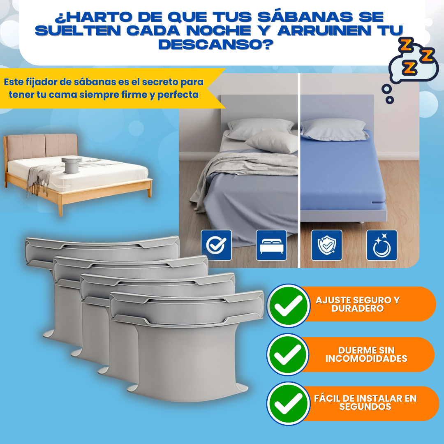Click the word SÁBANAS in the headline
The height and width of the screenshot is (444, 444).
coord(305,17)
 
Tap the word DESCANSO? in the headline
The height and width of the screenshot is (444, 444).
coord(216,44)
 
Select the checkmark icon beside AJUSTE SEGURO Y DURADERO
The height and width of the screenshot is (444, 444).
coord(289,305)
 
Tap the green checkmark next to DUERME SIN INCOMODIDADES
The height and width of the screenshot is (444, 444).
coord(288,354)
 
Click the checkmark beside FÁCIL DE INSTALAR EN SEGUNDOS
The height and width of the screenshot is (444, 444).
coord(288,404)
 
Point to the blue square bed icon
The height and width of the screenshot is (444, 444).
coord(271,245)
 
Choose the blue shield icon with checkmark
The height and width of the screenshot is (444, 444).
coord(327,245)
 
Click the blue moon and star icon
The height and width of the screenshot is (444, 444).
coord(382,245)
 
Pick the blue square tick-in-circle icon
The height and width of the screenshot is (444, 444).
coord(216,245)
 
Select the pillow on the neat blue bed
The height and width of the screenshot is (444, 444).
coord(334,129)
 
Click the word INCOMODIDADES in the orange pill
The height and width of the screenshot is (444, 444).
coord(366,358)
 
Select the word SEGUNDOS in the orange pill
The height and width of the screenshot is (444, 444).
coord(365,407)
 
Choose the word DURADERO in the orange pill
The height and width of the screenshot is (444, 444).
coord(358,308)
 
